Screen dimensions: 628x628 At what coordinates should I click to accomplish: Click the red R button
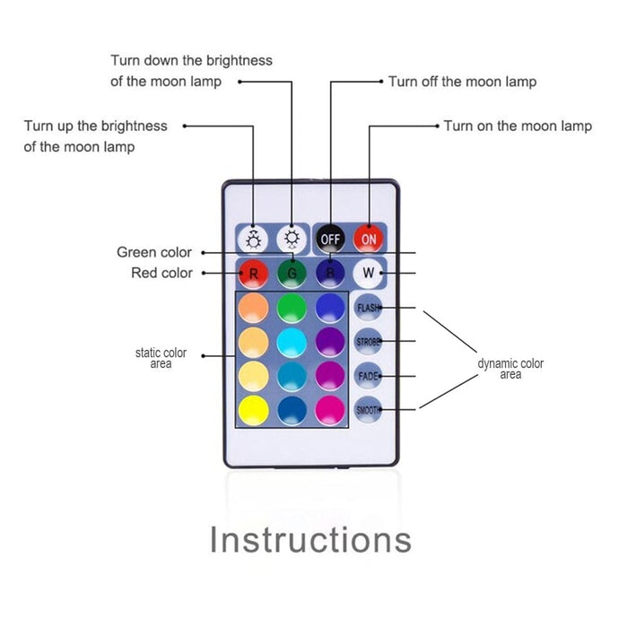[x=254, y=273]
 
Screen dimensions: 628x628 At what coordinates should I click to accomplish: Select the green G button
[x=292, y=273]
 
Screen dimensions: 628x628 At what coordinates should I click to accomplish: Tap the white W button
[x=368, y=273]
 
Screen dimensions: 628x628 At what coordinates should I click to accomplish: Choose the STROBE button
[x=368, y=342]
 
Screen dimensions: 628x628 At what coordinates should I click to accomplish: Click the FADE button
[x=368, y=376]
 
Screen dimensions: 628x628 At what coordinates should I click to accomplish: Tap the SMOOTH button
[x=368, y=410]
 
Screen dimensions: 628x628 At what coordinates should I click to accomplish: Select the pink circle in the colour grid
[x=330, y=409]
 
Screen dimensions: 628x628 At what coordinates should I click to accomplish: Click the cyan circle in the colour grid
[x=292, y=341]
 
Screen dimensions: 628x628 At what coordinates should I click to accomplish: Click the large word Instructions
[x=310, y=540]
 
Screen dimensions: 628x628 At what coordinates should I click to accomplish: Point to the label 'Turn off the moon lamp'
[x=462, y=82]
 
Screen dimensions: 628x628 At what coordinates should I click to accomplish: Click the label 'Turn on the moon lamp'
[x=518, y=126]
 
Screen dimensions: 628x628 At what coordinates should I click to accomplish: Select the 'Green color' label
[x=154, y=253]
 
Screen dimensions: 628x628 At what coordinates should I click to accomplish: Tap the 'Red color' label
[x=161, y=273]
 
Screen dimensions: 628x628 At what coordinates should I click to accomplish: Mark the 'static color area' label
[x=161, y=359]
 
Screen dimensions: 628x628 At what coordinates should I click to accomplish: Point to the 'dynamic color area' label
[x=510, y=369]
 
